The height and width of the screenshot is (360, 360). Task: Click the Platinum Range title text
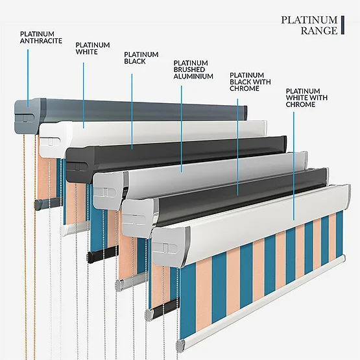[x=309, y=25]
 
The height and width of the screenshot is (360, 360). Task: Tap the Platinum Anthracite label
[x=41, y=38]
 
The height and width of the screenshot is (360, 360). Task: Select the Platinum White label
[x=93, y=48]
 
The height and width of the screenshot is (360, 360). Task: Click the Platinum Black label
[x=141, y=58]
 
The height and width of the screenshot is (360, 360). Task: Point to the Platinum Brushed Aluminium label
[x=193, y=69]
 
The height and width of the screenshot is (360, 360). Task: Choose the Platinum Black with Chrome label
[x=250, y=82]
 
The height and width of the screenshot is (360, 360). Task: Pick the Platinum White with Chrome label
[x=307, y=97]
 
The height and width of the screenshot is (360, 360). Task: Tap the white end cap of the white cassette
[x=54, y=139]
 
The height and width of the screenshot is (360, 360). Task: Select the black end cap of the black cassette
[x=80, y=164]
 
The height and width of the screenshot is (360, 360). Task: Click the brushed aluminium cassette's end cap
[x=110, y=190]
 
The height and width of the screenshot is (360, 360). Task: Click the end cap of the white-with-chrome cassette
[x=171, y=248]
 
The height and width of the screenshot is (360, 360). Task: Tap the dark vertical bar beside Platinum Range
[x=342, y=25]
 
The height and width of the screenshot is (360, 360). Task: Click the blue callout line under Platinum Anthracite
[x=28, y=78]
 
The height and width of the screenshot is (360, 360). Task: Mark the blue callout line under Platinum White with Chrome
[x=294, y=166]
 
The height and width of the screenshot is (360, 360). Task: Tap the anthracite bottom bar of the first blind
[x=48, y=202]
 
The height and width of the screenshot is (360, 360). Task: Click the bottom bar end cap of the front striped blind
[x=181, y=346]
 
